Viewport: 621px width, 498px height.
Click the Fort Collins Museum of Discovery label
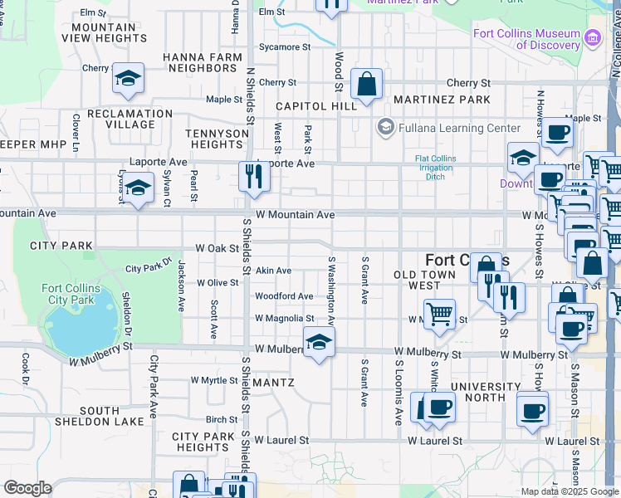coord(526,39)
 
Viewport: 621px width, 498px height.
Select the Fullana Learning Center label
coord(459,128)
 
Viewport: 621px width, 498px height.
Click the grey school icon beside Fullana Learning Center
coord(384,128)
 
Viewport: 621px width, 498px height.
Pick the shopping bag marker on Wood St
coord(366,84)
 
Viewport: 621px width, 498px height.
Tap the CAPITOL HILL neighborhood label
coord(316,106)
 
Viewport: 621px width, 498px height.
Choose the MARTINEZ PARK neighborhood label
coord(443,100)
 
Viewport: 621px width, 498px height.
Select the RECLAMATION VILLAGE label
coord(130,119)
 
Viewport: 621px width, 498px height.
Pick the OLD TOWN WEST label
coord(425,280)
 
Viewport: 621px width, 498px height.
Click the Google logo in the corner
coord(27,488)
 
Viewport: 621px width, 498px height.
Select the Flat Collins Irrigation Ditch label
coord(434,168)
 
